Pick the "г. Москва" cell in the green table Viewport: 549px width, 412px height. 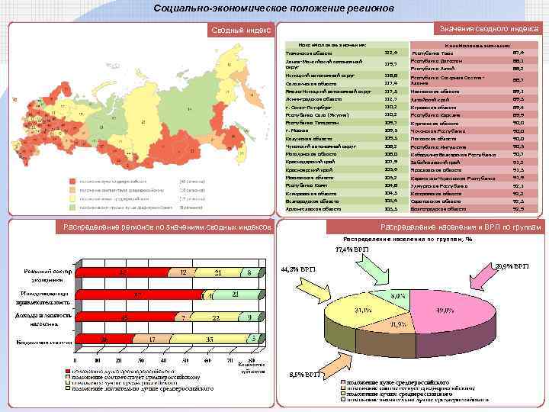click(x=298, y=130)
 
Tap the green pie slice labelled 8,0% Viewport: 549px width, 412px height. click(x=398, y=295)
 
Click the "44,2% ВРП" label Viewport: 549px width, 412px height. click(x=299, y=269)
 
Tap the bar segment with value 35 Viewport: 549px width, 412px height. click(x=209, y=338)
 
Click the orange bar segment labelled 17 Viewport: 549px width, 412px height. click(x=152, y=338)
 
